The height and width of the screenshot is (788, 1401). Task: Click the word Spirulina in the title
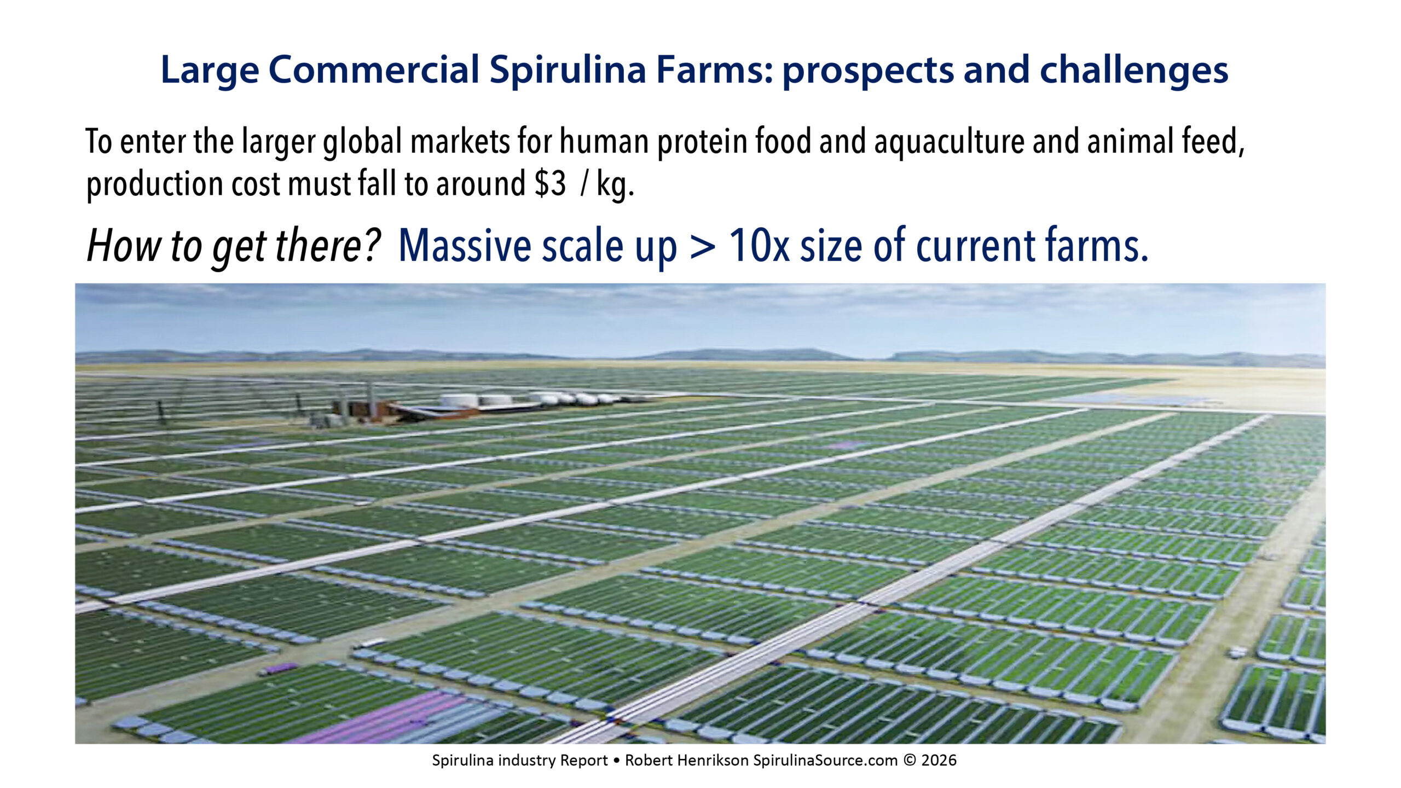pyautogui.click(x=568, y=71)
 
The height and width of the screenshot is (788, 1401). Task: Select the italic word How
pyautogui.click(x=124, y=245)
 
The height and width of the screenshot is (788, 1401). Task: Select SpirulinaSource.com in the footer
pyautogui.click(x=826, y=761)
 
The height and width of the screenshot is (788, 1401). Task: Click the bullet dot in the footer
pyautogui.click(x=617, y=761)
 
